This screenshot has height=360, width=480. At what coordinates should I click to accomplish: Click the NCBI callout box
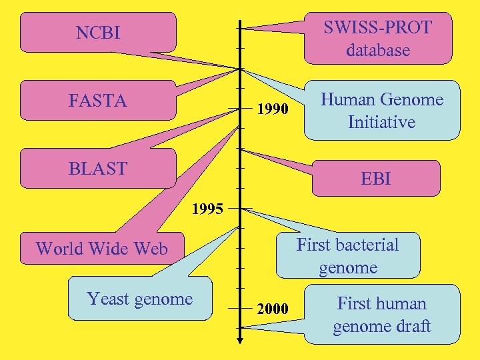(x=98, y=32)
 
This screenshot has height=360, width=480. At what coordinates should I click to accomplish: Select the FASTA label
(x=97, y=101)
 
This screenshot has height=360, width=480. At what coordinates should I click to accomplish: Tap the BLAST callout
(x=97, y=169)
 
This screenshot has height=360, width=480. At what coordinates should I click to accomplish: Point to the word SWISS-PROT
(x=377, y=27)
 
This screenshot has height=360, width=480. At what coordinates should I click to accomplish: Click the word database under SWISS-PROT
(x=377, y=50)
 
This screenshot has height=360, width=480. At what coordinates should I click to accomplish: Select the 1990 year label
(x=273, y=109)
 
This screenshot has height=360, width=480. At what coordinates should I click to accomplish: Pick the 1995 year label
(x=208, y=209)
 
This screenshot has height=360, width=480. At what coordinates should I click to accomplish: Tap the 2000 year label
(x=273, y=309)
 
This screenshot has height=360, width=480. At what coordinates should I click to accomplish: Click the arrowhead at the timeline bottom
(x=240, y=341)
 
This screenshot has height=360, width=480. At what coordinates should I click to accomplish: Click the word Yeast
(x=109, y=299)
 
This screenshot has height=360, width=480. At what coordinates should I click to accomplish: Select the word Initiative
(x=381, y=122)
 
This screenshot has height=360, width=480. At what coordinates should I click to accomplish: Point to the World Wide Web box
(x=101, y=249)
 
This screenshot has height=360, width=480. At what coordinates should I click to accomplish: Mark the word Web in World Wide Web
(x=152, y=249)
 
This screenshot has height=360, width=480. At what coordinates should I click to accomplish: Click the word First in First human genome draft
(x=354, y=303)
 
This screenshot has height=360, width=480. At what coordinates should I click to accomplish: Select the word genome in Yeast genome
(x=164, y=299)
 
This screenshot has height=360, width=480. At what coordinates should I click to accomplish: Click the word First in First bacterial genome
(x=313, y=245)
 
